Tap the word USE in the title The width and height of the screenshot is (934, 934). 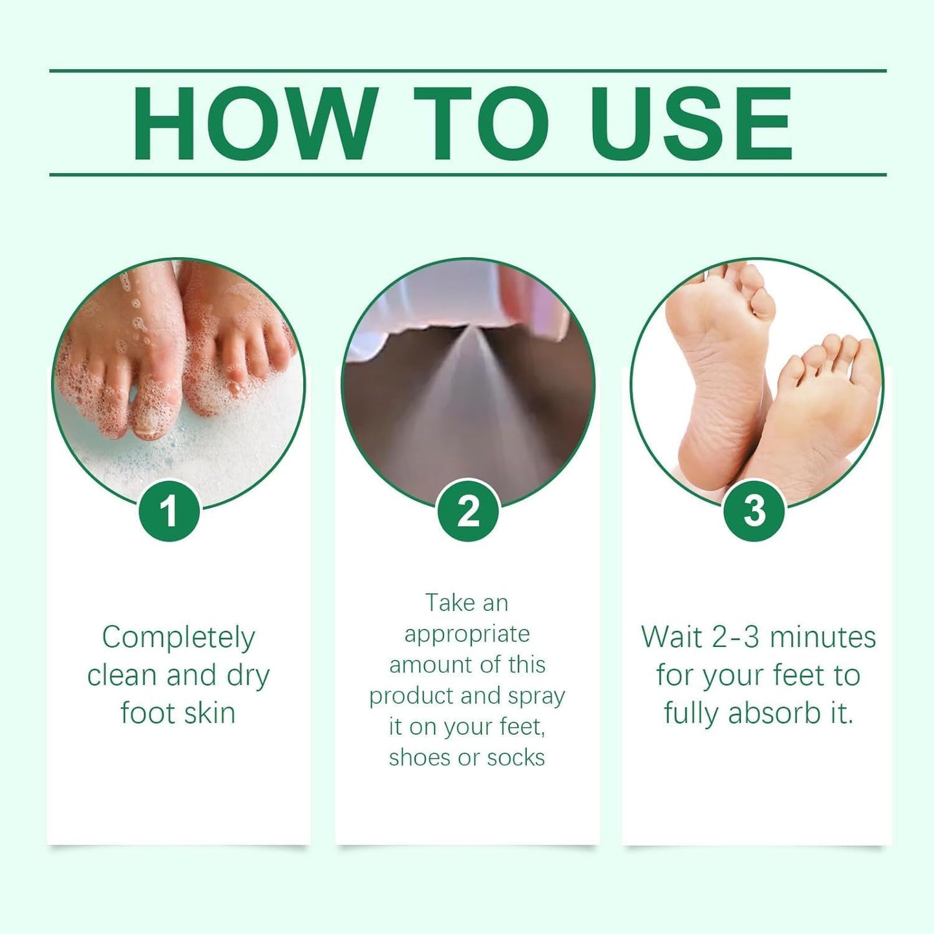click(691, 123)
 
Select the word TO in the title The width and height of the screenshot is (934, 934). click(481, 123)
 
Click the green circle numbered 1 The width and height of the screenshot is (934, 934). click(169, 511)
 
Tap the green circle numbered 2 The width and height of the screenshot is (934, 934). click(468, 511)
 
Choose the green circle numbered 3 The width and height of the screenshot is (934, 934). click(754, 511)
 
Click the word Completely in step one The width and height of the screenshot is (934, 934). click(178, 638)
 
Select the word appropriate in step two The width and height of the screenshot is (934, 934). click(467, 634)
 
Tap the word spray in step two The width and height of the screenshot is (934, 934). click(536, 696)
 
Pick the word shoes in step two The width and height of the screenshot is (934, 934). click(420, 757)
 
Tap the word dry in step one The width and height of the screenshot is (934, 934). click(248, 675)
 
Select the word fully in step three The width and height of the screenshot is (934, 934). click(691, 714)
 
